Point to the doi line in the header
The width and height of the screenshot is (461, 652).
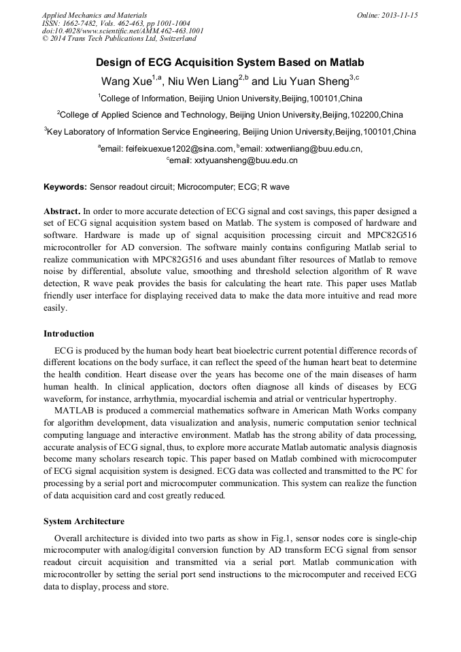tap(122, 31)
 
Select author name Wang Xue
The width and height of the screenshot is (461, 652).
tap(126, 81)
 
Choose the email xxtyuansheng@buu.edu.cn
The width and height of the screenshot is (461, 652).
tap(246, 161)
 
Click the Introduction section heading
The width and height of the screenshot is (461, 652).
tap(69, 334)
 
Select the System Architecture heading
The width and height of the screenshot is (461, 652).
tap(84, 521)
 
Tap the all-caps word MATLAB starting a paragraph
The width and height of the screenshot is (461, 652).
tap(75, 411)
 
